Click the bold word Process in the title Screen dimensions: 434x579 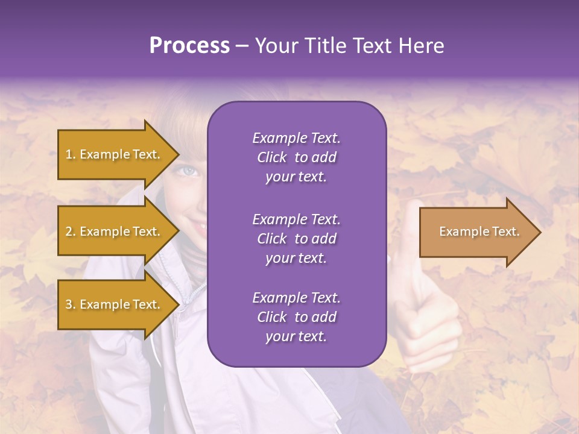[189, 46]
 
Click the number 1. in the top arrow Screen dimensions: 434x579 [71, 155]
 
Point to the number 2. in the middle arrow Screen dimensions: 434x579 [71, 232]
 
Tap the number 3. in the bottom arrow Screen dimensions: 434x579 [71, 305]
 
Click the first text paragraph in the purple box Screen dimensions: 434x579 [296, 157]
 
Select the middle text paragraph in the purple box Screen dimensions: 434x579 [296, 239]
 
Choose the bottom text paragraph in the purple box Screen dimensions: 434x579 [296, 317]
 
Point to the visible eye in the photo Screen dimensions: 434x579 [189, 171]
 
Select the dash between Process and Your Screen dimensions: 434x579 [242, 46]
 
